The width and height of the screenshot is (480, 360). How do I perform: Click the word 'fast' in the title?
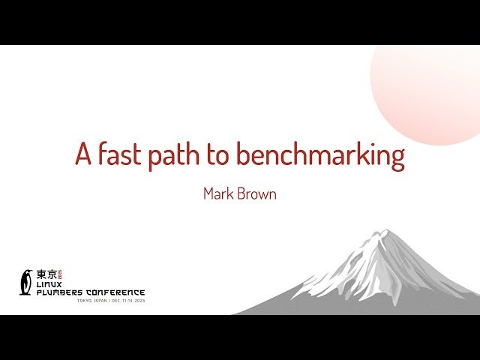[119, 154]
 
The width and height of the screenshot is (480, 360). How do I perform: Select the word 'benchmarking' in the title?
[321, 156]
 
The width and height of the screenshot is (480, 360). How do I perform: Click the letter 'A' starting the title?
[83, 154]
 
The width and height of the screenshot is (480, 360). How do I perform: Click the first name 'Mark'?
[219, 193]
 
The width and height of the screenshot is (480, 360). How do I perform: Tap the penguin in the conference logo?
[26, 282]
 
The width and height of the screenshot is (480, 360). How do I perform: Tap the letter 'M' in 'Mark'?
[208, 193]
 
